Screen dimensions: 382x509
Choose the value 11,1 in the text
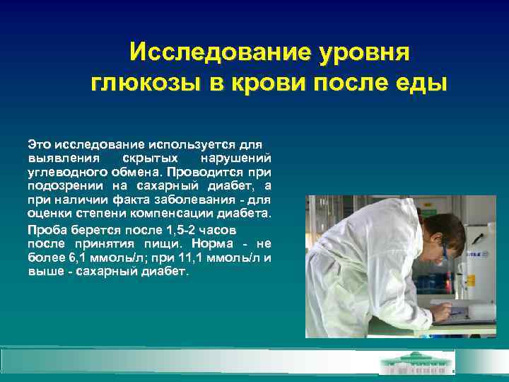(x=196, y=257)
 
